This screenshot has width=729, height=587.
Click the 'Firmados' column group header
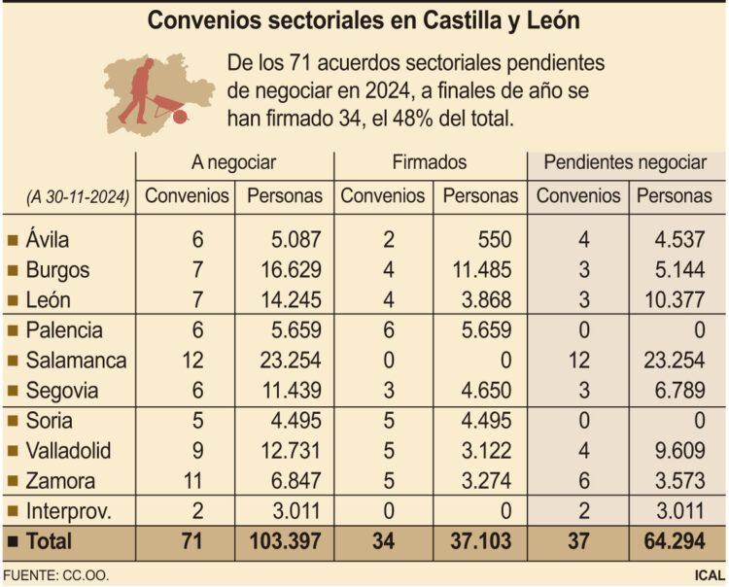click(x=430, y=162)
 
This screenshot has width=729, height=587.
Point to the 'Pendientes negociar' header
click(x=625, y=162)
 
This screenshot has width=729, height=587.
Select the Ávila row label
click(x=49, y=240)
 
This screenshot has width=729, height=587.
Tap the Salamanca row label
click(x=77, y=361)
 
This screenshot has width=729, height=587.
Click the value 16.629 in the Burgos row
click(x=293, y=270)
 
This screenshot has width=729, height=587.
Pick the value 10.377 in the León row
click(x=682, y=300)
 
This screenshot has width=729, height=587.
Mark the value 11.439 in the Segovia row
click(x=293, y=391)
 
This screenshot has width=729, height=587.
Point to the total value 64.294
click(x=682, y=541)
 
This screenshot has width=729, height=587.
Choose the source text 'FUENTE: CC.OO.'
click(x=55, y=575)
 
